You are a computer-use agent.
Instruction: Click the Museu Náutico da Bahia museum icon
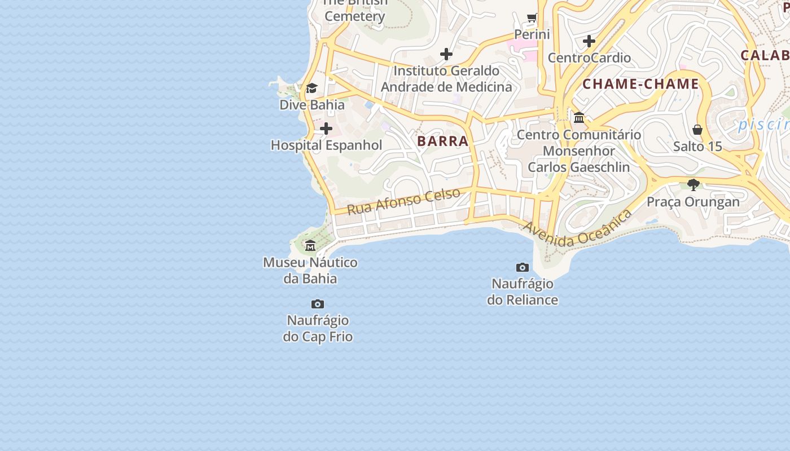point(310,246)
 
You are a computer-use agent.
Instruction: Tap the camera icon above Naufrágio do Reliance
point(523,267)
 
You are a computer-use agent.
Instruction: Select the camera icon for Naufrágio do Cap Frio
point(318,304)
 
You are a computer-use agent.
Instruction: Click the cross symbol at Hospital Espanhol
point(326,129)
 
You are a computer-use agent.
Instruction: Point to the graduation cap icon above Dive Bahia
point(311,89)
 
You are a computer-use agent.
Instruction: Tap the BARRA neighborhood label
point(443,142)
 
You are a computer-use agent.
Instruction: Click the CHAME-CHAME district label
point(640,85)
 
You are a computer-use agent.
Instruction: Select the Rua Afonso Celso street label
point(403,202)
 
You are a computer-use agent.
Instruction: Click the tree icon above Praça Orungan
point(694,185)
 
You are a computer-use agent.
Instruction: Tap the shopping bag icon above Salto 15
point(697,130)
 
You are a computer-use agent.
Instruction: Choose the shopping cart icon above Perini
point(532,18)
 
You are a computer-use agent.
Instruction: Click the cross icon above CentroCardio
point(589,41)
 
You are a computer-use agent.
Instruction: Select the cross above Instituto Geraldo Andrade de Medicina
point(446,55)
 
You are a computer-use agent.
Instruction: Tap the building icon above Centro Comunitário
point(579,118)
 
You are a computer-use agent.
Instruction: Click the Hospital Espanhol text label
point(326,145)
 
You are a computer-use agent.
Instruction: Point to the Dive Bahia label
point(312,105)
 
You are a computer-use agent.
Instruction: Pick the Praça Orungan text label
point(693,202)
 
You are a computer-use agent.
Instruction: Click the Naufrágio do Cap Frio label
point(318,329)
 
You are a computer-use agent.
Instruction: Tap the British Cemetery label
point(354,10)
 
